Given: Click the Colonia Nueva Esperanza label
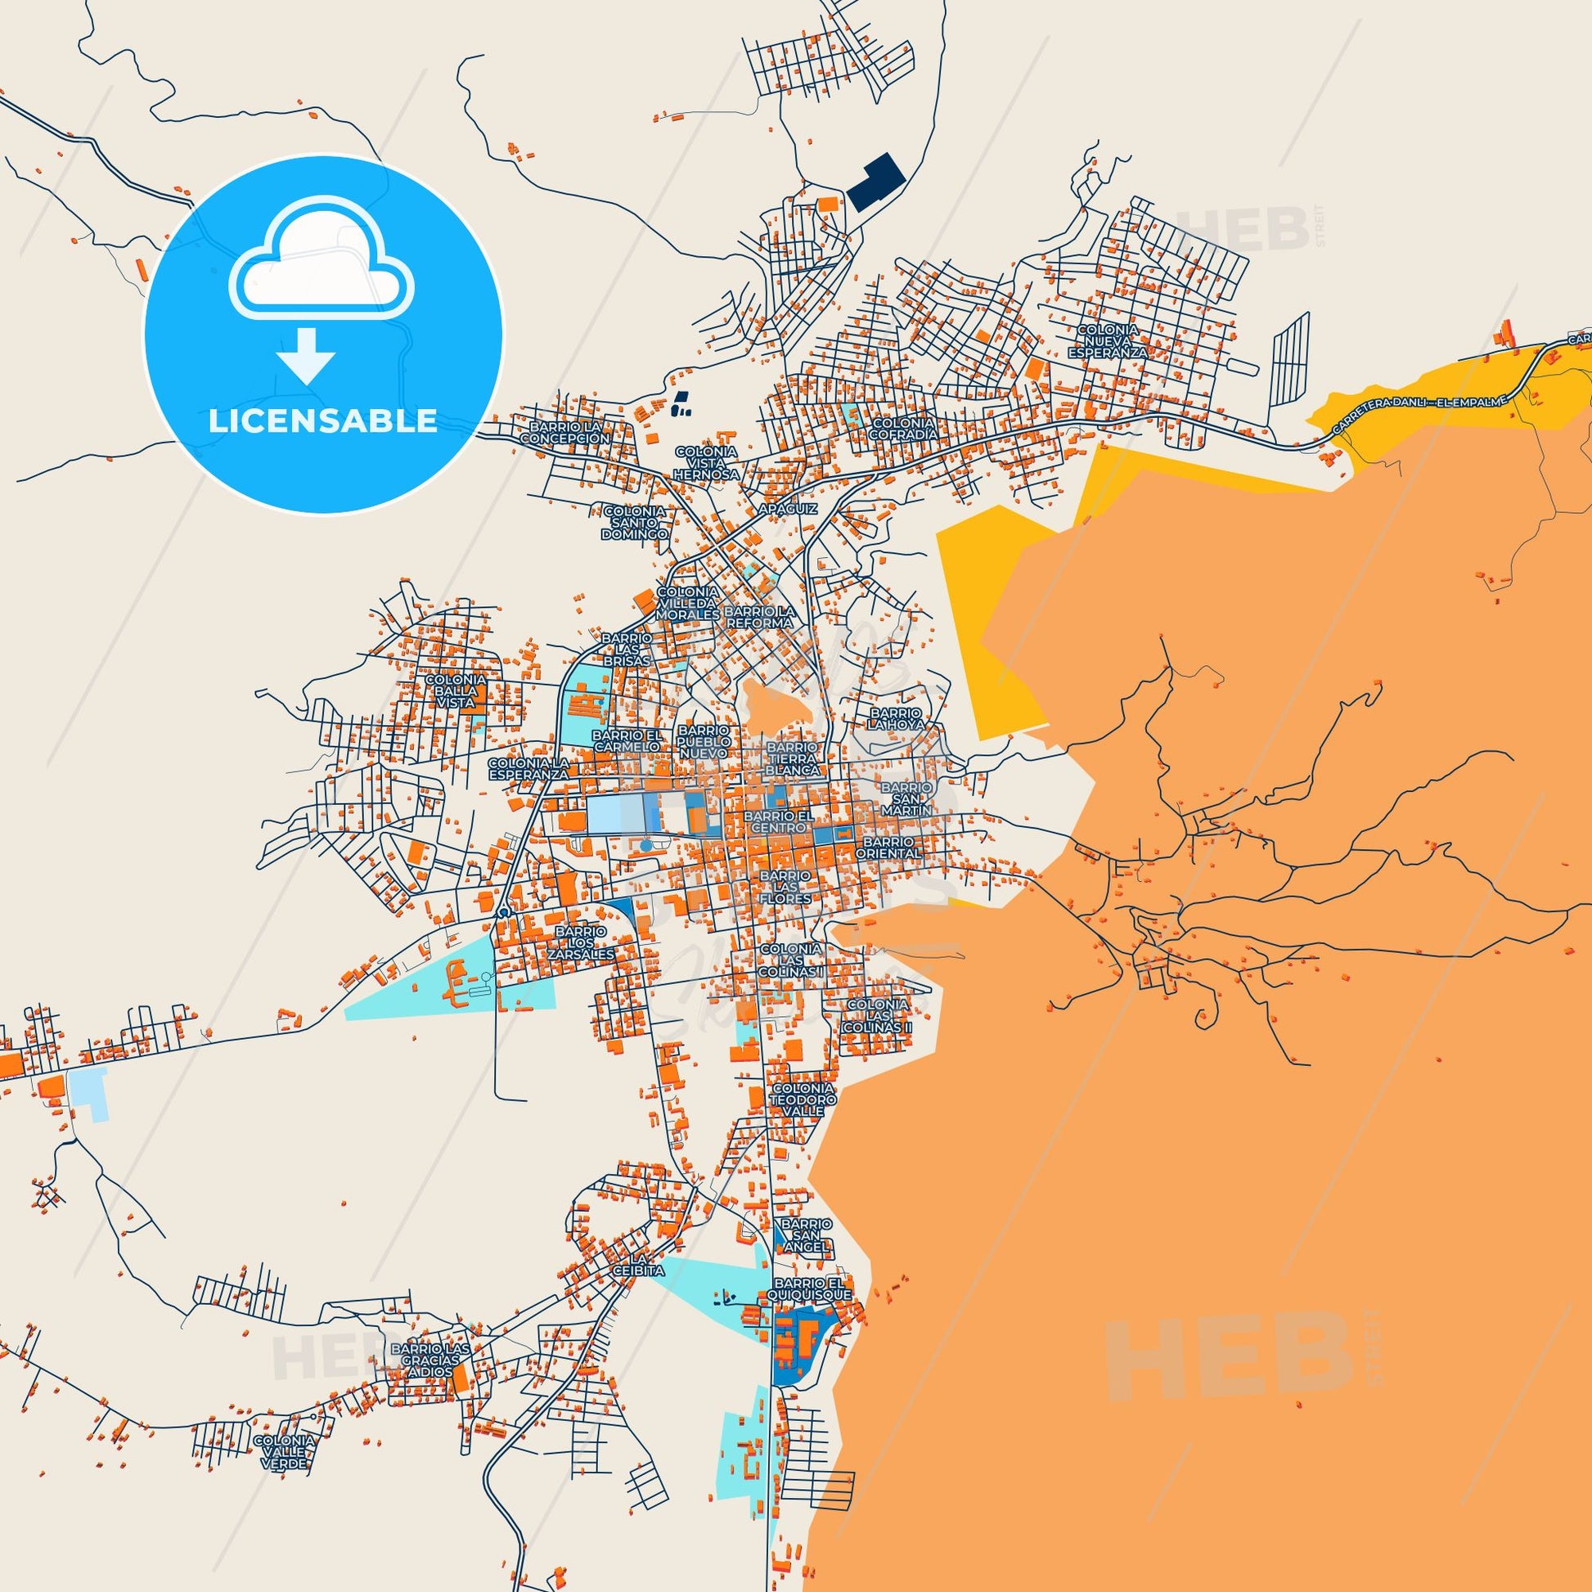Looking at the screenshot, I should click(x=1108, y=341).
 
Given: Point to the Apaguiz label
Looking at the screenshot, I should click(x=788, y=509).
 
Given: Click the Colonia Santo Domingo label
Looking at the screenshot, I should click(x=635, y=523).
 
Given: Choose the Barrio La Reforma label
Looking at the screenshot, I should click(x=760, y=617).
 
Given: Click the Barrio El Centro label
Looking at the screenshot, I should click(x=778, y=821).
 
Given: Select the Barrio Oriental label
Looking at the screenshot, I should click(x=888, y=848).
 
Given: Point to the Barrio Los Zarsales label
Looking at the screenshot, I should click(x=584, y=942).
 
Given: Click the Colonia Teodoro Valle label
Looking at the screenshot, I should click(x=803, y=1100).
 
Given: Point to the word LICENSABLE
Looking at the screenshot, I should click(x=323, y=420).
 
